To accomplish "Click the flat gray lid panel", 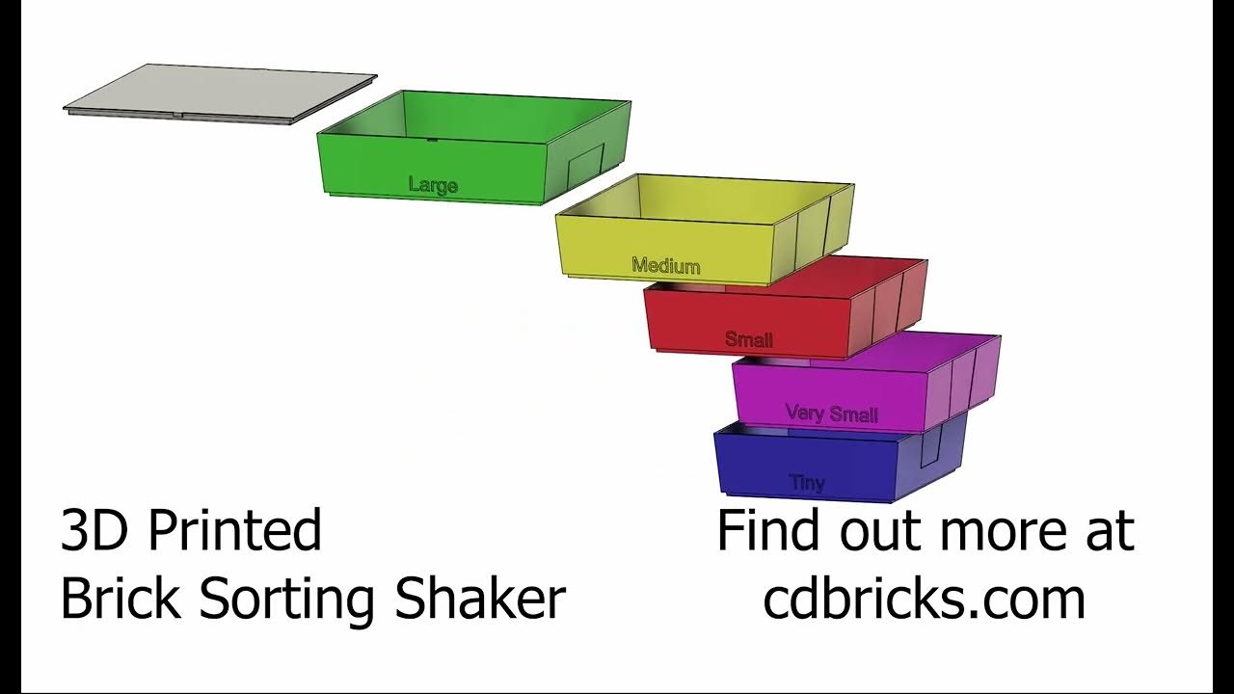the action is point(220,94).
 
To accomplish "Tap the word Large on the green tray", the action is point(433,185).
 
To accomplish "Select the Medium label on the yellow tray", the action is point(666,265).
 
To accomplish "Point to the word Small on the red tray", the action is point(749,339).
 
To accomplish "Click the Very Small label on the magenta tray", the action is point(831,414).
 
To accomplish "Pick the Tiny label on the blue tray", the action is point(807,482).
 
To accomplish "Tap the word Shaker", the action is point(480,599).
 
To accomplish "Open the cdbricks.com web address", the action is point(924,599).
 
